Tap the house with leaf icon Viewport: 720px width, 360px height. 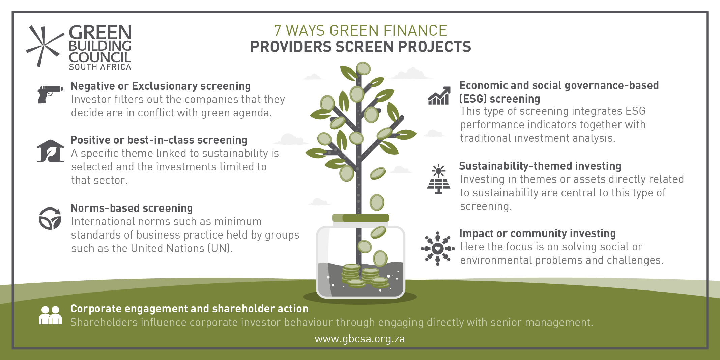(x=51, y=151)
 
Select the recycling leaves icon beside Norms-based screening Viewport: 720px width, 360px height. (x=50, y=218)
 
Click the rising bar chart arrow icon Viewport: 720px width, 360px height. (x=439, y=96)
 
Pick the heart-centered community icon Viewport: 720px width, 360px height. (x=438, y=249)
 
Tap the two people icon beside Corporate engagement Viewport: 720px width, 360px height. (x=50, y=315)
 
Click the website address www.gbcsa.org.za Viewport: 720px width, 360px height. (x=360, y=339)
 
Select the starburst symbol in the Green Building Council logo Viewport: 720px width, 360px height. (x=45, y=46)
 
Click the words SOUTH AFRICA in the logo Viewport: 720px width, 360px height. (x=100, y=67)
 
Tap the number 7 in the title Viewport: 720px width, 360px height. (x=278, y=30)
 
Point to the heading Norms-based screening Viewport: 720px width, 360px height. (x=132, y=208)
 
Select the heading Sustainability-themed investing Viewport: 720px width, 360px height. (x=540, y=166)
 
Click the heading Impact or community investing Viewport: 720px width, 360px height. (x=538, y=233)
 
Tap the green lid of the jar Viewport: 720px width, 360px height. (x=361, y=218)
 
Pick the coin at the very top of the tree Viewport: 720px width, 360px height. (x=364, y=68)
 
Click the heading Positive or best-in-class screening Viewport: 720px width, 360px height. (x=159, y=140)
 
